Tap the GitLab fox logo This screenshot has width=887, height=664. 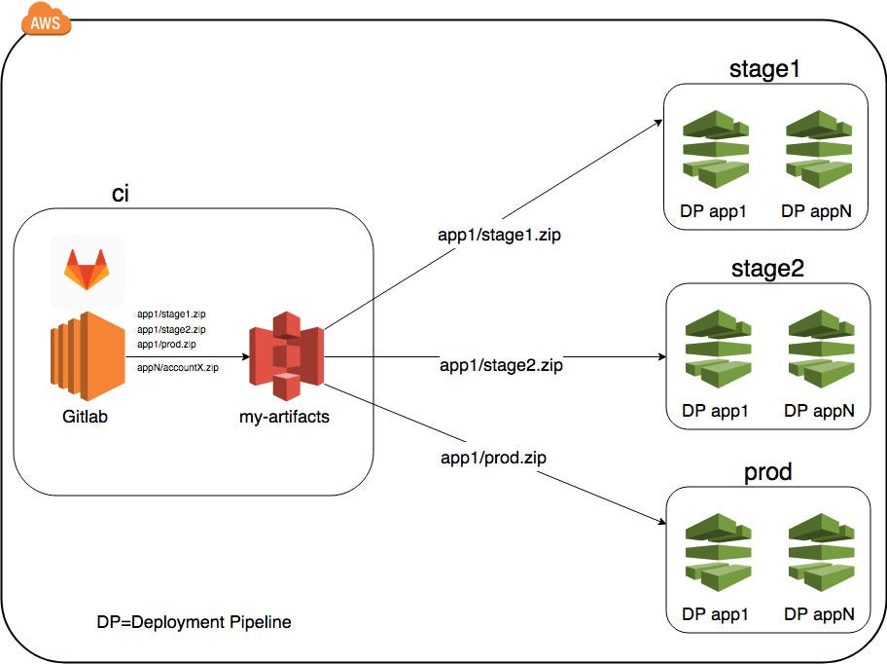87,270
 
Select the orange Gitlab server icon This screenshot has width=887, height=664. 88,356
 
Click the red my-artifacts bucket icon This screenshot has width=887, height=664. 286,356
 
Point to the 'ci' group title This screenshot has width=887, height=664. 121,194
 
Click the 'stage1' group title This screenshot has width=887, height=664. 764,69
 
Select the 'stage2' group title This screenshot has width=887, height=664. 767,269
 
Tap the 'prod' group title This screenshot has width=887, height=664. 767,471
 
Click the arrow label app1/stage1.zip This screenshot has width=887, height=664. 499,235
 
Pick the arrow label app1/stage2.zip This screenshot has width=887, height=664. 501,365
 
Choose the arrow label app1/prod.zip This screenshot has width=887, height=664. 493,458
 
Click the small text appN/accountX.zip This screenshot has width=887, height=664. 178,367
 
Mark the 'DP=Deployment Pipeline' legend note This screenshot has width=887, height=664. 195,622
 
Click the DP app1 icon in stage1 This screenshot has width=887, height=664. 716,149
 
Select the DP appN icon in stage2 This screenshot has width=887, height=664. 822,349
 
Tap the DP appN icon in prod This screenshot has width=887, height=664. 822,552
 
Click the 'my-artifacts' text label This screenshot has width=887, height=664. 284,417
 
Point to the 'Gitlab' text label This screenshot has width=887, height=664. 85,417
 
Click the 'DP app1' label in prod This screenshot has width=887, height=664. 715,614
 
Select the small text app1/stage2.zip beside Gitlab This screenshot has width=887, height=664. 171,329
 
